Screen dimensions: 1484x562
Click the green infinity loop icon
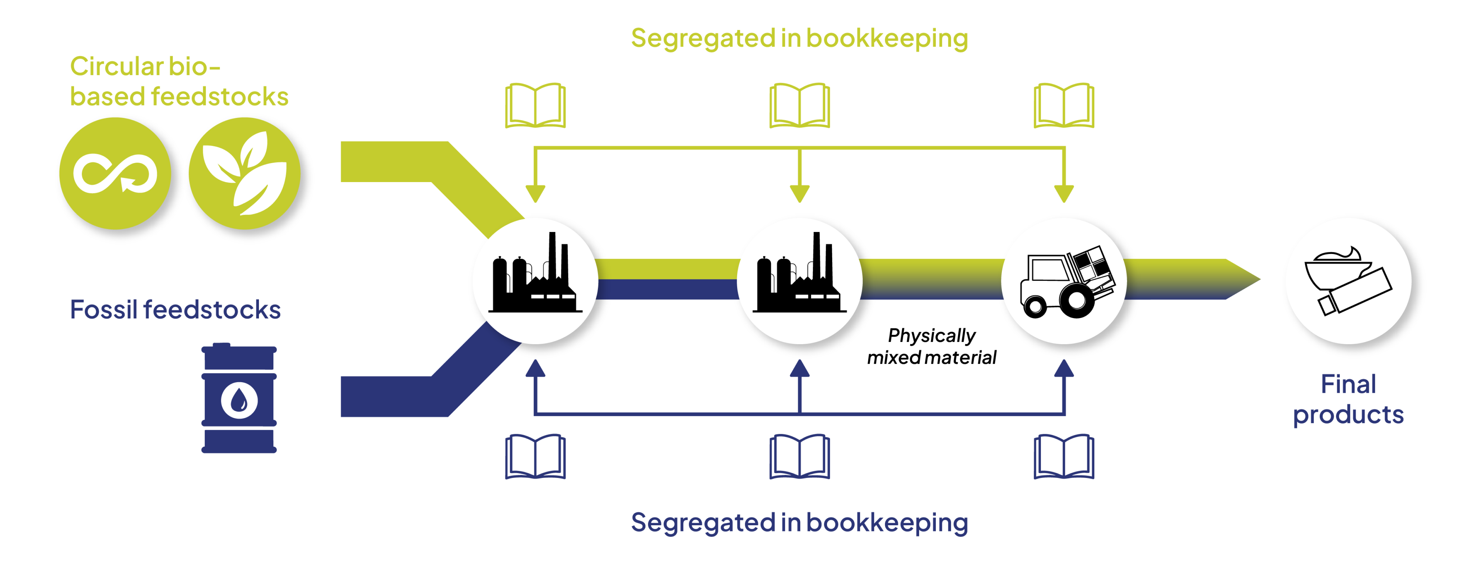pyautogui.click(x=115, y=173)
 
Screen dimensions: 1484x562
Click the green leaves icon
pyautogui.click(x=245, y=173)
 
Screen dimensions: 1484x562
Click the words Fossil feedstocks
pyautogui.click(x=175, y=310)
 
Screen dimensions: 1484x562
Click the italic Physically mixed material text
pyautogui.click(x=932, y=346)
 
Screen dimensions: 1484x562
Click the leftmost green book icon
pyautogui.click(x=535, y=105)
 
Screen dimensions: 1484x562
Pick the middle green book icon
pyautogui.click(x=800, y=105)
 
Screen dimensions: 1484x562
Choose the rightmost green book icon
pyautogui.click(x=1064, y=105)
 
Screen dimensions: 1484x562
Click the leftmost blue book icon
pyautogui.click(x=535, y=457)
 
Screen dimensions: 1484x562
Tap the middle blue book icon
pyautogui.click(x=800, y=457)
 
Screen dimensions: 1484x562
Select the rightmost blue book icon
pyautogui.click(x=1064, y=457)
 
